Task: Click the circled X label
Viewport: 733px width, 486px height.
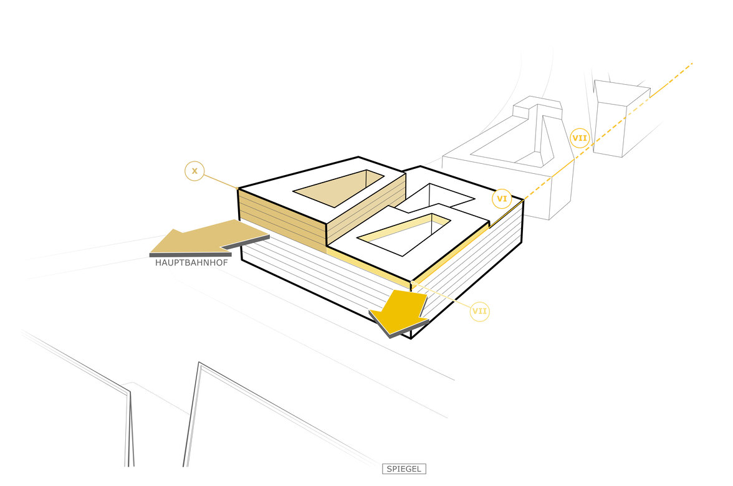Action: pyautogui.click(x=194, y=171)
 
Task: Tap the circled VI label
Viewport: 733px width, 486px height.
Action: pyautogui.click(x=502, y=199)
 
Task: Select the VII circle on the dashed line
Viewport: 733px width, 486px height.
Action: pyautogui.click(x=579, y=138)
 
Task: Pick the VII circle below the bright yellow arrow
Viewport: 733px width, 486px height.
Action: pyautogui.click(x=480, y=312)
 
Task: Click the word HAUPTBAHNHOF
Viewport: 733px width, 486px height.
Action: pyautogui.click(x=192, y=263)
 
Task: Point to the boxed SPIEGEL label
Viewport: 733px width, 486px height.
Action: pyautogui.click(x=404, y=469)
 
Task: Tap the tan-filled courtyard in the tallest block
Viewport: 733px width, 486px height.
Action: pyautogui.click(x=339, y=188)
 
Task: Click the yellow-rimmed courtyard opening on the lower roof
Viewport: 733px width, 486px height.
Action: pyautogui.click(x=404, y=234)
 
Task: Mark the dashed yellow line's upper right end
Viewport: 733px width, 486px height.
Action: pyautogui.click(x=692, y=63)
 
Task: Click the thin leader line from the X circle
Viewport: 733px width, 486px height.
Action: pyautogui.click(x=221, y=182)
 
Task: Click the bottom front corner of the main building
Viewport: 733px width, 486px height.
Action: pyautogui.click(x=411, y=338)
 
